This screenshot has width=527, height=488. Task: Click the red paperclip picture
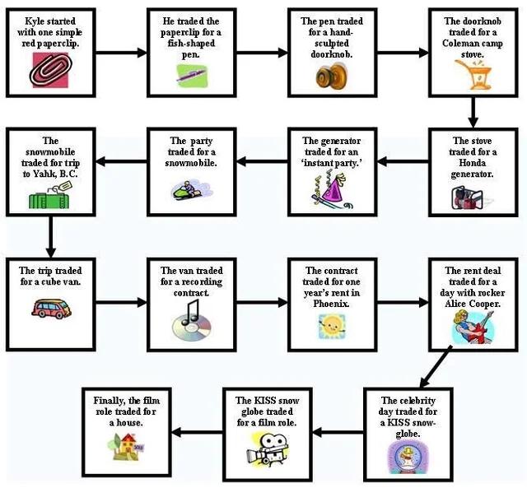click(51, 70)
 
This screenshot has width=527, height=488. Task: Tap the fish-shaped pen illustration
click(192, 76)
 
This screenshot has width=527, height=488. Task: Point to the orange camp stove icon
click(473, 75)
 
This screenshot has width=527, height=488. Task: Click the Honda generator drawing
click(468, 198)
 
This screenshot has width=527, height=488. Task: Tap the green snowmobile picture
click(191, 191)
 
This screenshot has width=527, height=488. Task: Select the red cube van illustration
click(51, 309)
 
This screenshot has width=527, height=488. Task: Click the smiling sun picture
click(332, 326)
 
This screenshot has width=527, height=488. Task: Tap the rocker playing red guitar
click(473, 328)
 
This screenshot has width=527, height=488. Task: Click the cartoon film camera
click(267, 450)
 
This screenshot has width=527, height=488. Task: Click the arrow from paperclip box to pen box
click(121, 53)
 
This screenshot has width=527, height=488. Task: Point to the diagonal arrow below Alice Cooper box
click(436, 368)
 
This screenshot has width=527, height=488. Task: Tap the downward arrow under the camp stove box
click(473, 113)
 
